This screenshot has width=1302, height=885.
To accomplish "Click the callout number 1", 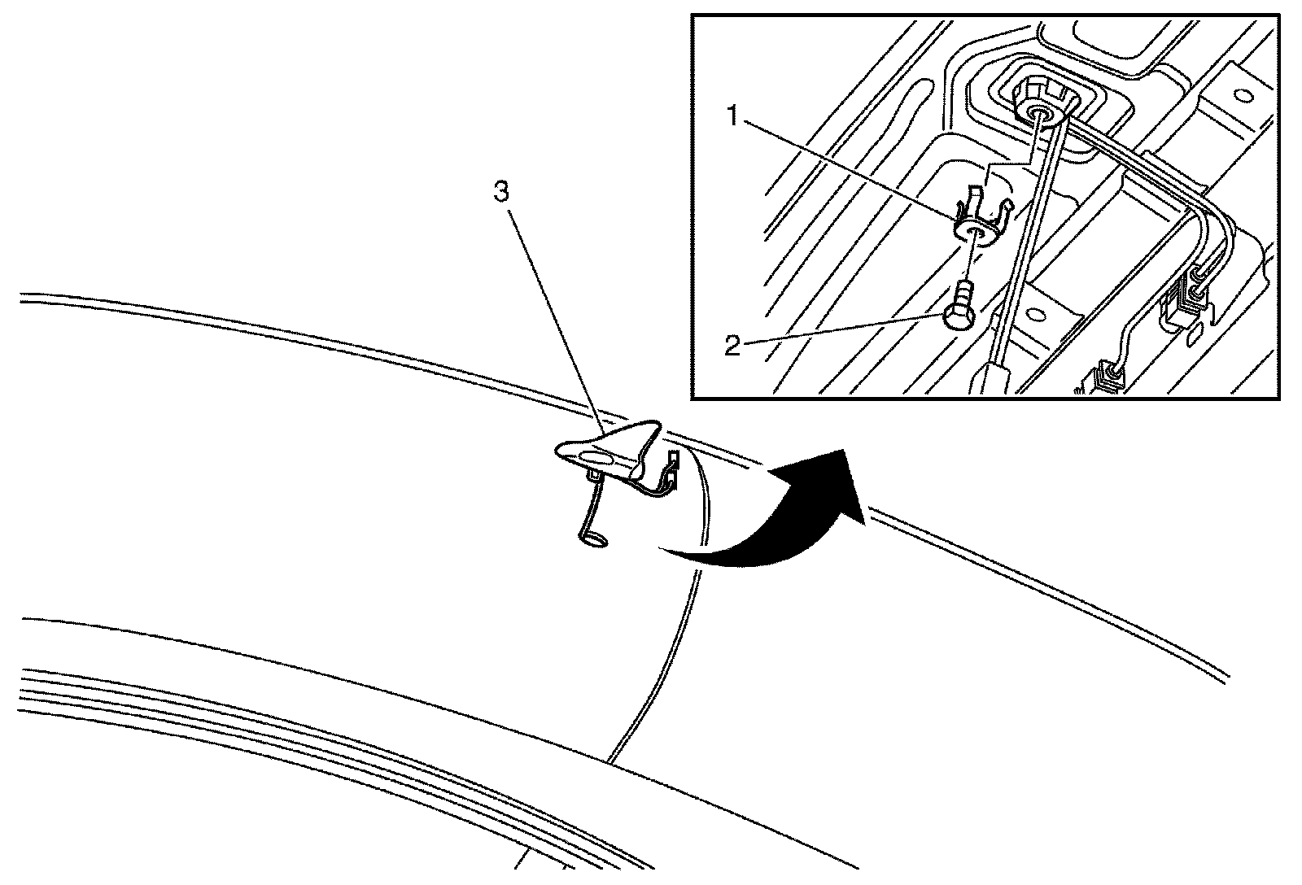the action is (x=732, y=117).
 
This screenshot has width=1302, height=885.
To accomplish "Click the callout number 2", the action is (x=732, y=346).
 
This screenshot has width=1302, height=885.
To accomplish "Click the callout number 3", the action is (x=502, y=193).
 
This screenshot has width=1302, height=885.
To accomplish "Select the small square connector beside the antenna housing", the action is (x=671, y=462).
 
